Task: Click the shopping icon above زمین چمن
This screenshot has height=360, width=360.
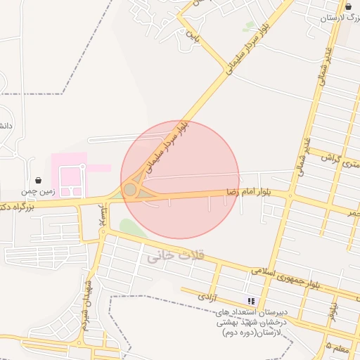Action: (x=37, y=180)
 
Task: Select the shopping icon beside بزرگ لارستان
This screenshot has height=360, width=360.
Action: (x=349, y=6)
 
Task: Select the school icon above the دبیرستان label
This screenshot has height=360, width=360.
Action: (x=251, y=301)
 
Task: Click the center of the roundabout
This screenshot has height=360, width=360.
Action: (x=130, y=190)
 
